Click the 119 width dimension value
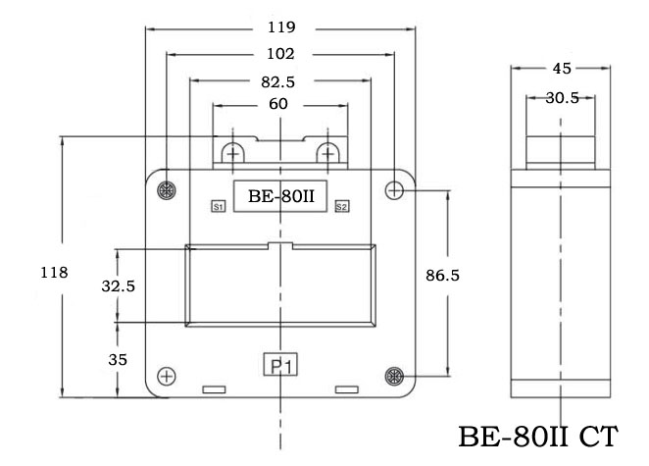(x=281, y=26)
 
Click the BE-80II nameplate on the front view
(x=281, y=195)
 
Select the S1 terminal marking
(x=219, y=206)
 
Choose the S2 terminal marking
(x=341, y=206)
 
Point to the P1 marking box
(x=282, y=365)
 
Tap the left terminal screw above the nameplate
(x=233, y=154)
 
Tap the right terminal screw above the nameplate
(x=328, y=154)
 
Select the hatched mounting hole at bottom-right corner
(x=394, y=376)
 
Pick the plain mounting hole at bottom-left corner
(x=167, y=377)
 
